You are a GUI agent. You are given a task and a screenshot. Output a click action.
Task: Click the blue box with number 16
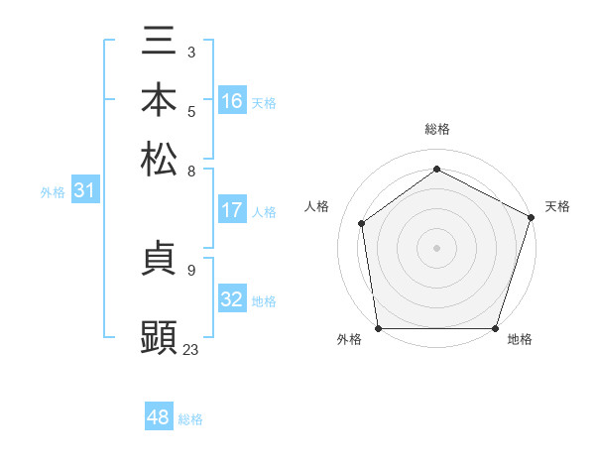pyautogui.click(x=232, y=101)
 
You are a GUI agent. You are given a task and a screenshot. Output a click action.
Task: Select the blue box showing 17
pyautogui.click(x=232, y=210)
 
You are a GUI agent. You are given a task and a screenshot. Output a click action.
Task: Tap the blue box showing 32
pyautogui.click(x=232, y=299)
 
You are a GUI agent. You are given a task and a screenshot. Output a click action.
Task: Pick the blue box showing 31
pyautogui.click(x=84, y=191)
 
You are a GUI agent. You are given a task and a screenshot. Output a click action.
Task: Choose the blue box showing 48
pyautogui.click(x=159, y=417)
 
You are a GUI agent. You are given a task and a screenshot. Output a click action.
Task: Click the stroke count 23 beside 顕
pyautogui.click(x=190, y=349)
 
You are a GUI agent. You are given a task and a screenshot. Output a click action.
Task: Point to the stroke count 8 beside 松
pyautogui.click(x=191, y=171)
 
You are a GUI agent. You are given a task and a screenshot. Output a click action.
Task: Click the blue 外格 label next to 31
pyautogui.click(x=52, y=192)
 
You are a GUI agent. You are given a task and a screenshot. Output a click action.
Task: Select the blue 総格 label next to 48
pyautogui.click(x=190, y=419)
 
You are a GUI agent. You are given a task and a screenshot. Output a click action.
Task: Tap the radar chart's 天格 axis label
pyautogui.click(x=557, y=206)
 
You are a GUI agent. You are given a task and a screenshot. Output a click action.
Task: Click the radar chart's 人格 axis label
pyautogui.click(x=316, y=206)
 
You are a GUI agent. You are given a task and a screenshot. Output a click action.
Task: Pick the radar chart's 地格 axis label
pyautogui.click(x=520, y=339)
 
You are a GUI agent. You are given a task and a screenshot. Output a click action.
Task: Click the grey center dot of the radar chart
pyautogui.click(x=436, y=247)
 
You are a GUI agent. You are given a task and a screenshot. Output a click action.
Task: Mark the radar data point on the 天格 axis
pyautogui.click(x=532, y=216)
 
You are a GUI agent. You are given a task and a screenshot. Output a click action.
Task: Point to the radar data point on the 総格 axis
pyautogui.click(x=436, y=169)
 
